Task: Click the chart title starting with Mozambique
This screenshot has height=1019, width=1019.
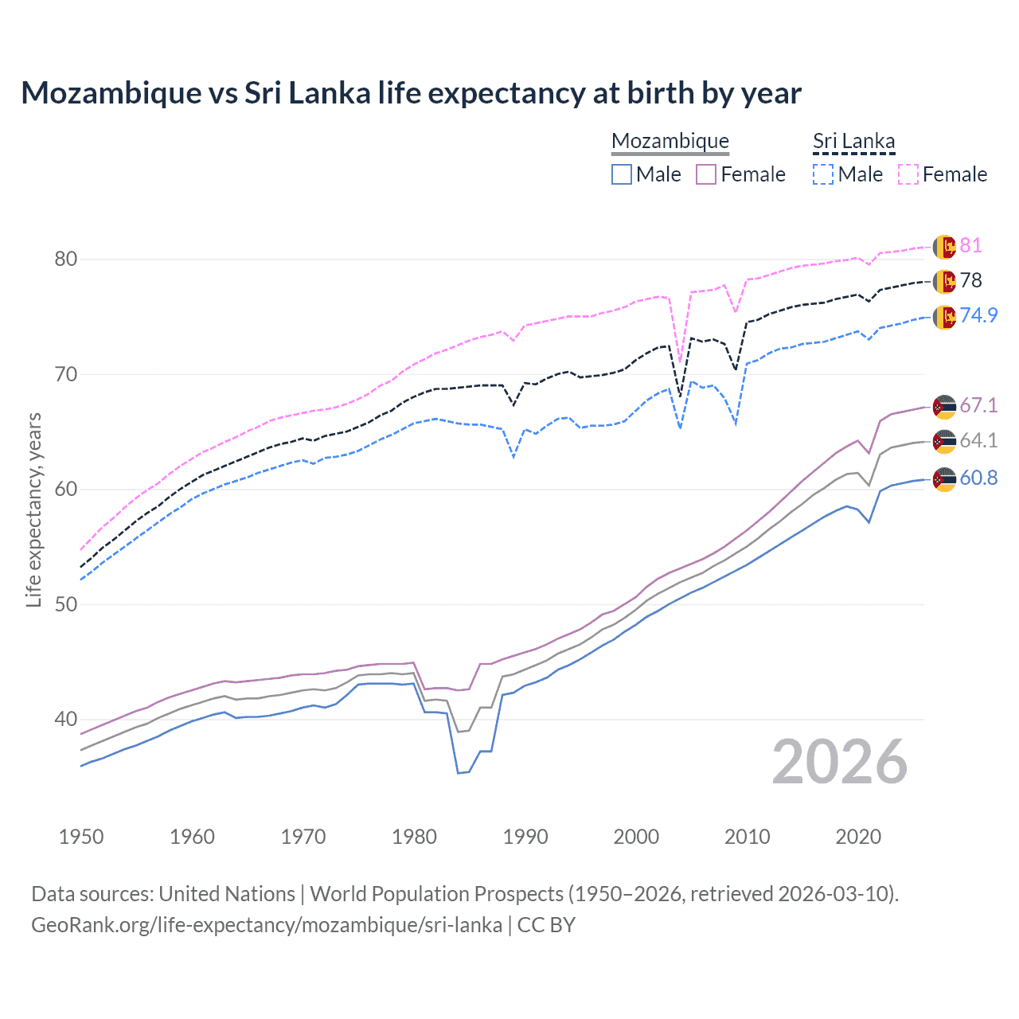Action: coord(411,93)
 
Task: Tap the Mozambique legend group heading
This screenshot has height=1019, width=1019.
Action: coord(670,141)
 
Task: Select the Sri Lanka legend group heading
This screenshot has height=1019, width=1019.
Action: coord(853,141)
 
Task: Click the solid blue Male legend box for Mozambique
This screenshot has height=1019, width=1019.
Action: coord(622,174)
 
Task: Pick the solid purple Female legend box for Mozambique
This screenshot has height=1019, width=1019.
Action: coord(706,174)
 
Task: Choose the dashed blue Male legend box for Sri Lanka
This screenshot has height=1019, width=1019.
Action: coord(823,174)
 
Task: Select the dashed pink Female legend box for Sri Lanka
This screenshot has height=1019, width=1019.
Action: coord(908,174)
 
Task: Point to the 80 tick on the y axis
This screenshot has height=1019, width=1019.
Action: coord(66,259)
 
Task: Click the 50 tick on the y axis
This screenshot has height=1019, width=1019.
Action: coord(66,604)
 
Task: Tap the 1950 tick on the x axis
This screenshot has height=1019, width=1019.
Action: coord(81,837)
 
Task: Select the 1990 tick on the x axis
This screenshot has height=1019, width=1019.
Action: coord(525,837)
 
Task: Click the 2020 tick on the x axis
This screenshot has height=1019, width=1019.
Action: coord(858,837)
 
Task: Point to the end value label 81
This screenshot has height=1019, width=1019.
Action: coord(970,245)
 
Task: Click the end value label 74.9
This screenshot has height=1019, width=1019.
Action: coord(978,315)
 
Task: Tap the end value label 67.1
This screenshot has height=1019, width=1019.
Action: coord(978,405)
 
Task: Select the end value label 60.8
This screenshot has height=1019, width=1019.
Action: coord(978,478)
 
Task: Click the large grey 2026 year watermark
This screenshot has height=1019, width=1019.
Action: coord(840,762)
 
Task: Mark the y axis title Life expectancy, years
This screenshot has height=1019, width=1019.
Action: coord(33,509)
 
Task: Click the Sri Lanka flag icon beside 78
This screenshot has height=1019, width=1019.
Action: coord(944,281)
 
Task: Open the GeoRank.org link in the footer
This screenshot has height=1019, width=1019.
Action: coord(267,925)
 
